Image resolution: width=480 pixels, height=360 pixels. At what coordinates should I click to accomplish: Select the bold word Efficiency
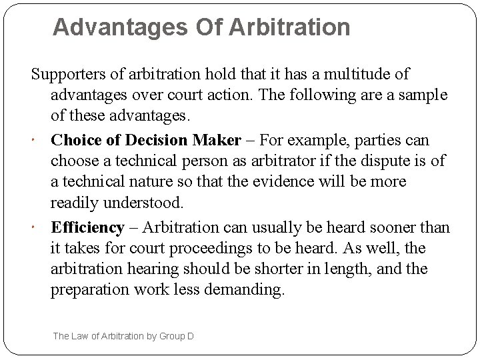click(87, 228)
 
